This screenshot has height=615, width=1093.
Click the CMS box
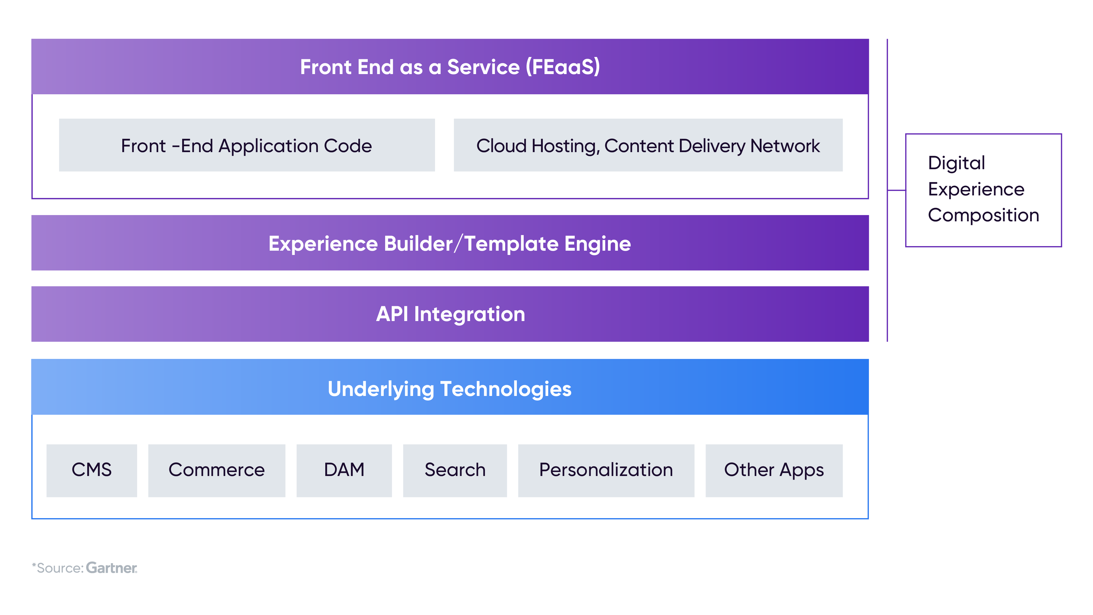click(92, 471)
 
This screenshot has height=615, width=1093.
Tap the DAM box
click(344, 471)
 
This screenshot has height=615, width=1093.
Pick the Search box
click(455, 471)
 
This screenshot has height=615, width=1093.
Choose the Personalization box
click(606, 471)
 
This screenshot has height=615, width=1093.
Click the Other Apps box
click(774, 471)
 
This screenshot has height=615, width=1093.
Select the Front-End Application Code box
click(247, 145)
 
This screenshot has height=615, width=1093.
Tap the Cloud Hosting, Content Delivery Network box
click(648, 145)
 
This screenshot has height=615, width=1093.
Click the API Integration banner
click(450, 314)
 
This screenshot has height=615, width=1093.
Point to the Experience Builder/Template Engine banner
click(450, 243)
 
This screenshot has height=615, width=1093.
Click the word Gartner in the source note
click(111, 568)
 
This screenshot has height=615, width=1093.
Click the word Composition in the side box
click(984, 216)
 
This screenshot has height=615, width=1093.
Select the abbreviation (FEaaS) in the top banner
click(563, 67)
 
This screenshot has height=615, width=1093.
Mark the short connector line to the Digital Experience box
click(897, 190)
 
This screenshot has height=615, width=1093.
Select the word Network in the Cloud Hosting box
click(785, 146)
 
